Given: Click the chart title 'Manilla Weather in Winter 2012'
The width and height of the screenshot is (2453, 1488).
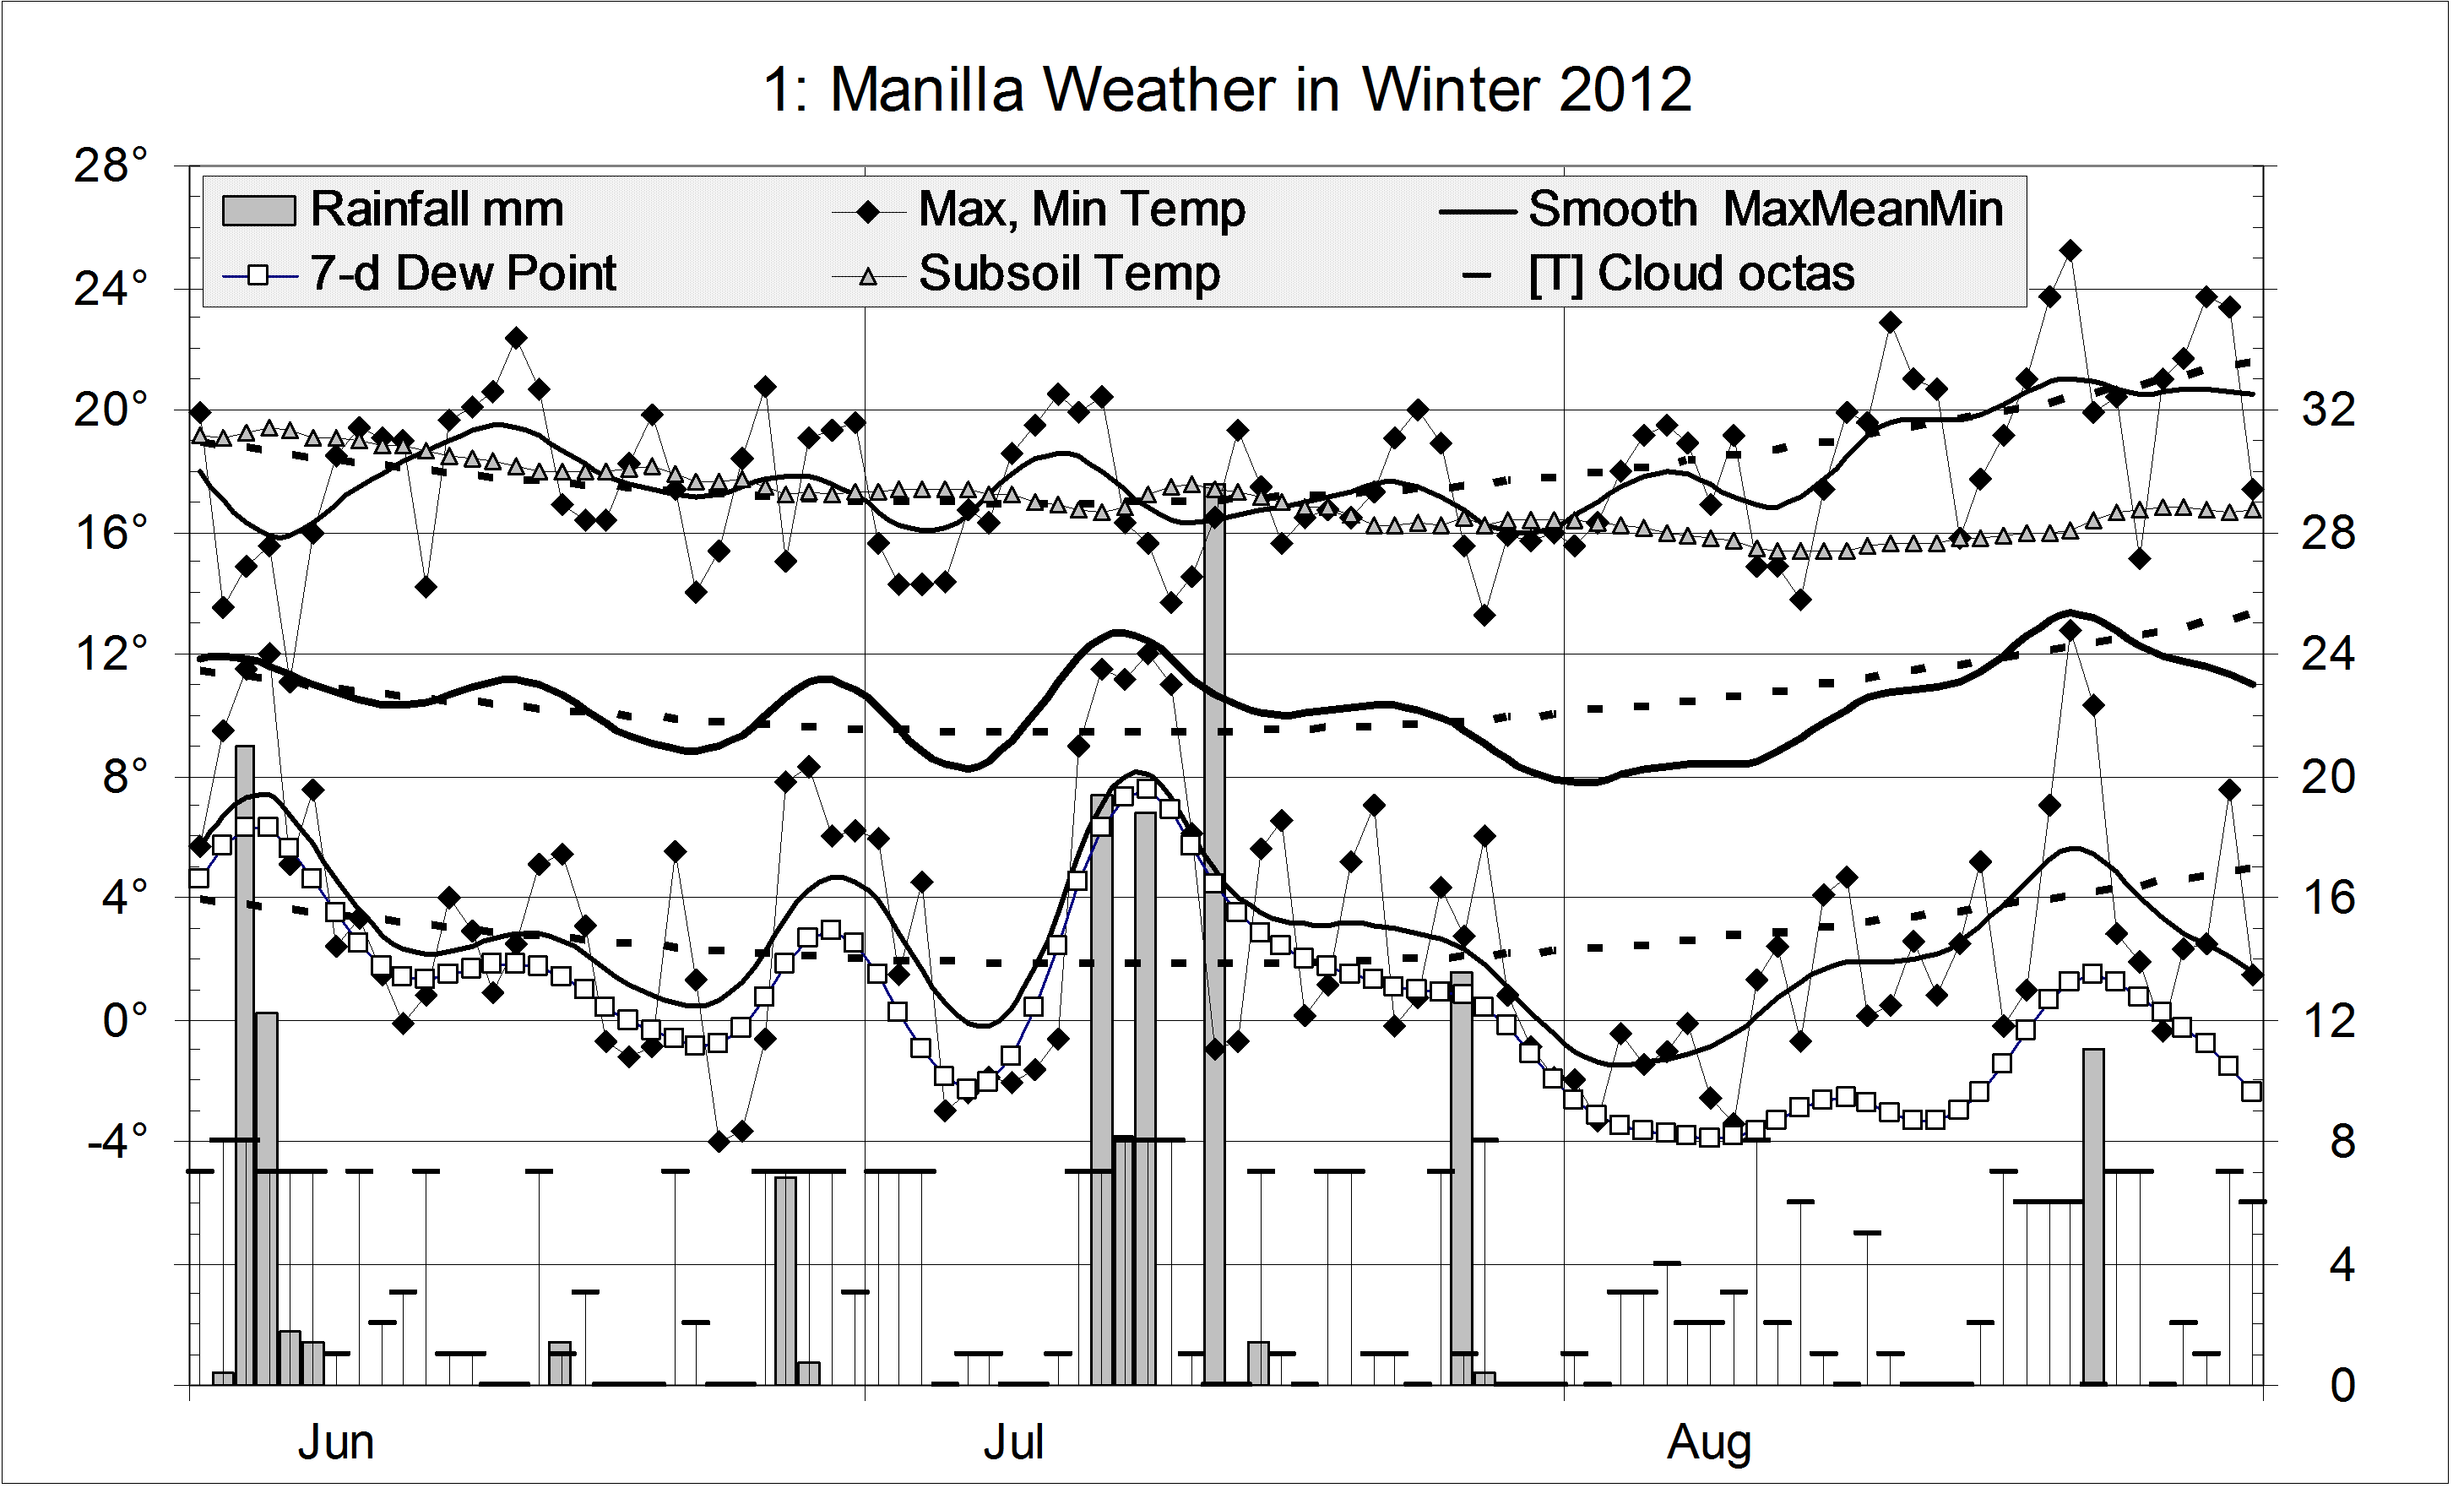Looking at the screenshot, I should coord(1226,90).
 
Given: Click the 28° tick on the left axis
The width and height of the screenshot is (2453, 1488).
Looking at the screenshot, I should coord(111,166).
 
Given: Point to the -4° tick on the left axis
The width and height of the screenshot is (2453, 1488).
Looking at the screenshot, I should coord(117,1141).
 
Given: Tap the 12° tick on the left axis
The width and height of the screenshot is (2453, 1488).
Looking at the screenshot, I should coord(111,655).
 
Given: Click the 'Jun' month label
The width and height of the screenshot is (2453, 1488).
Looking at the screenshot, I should coord(335,1443).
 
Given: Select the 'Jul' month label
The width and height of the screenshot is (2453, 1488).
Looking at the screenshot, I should coord(1012,1443).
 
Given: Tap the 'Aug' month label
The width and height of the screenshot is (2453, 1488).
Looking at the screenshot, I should coord(1708,1443).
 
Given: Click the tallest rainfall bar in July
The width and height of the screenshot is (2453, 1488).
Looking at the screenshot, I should coord(1213,936).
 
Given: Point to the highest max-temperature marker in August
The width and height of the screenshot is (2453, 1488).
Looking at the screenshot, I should coord(2070,250).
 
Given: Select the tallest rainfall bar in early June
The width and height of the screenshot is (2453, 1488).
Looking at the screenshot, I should coord(245,1065).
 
